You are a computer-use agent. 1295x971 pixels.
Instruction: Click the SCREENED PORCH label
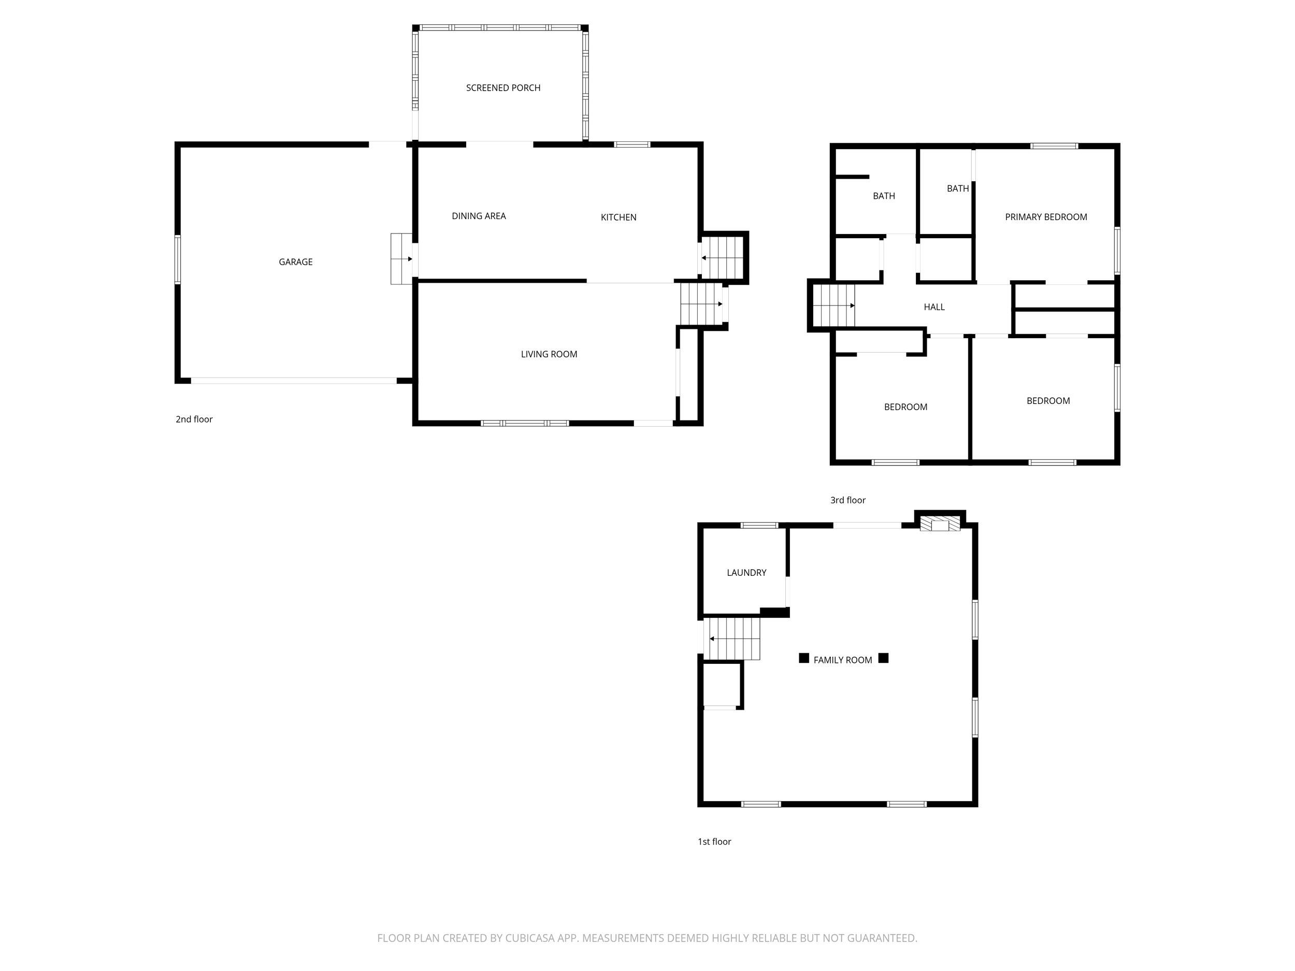click(x=503, y=88)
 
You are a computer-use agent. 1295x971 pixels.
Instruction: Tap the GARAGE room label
click(x=296, y=262)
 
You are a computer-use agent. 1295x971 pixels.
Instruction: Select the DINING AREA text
click(x=478, y=216)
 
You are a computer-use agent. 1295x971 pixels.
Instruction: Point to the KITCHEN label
click(x=618, y=217)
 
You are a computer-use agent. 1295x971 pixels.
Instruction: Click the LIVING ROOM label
click(x=549, y=354)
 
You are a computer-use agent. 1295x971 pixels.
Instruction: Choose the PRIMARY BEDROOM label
click(x=1046, y=216)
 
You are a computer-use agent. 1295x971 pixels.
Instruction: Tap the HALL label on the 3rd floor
click(x=934, y=307)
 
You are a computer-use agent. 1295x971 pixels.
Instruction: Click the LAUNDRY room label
click(x=746, y=572)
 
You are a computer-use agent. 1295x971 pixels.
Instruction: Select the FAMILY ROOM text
click(x=842, y=660)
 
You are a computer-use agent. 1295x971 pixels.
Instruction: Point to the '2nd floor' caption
click(x=194, y=419)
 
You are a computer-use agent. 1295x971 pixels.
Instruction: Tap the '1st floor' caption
click(x=714, y=841)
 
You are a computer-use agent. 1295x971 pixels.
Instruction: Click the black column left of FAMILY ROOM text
click(x=804, y=658)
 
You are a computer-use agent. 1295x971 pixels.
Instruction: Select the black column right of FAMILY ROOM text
click(x=883, y=658)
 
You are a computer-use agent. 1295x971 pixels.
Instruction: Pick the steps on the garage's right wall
click(x=401, y=259)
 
